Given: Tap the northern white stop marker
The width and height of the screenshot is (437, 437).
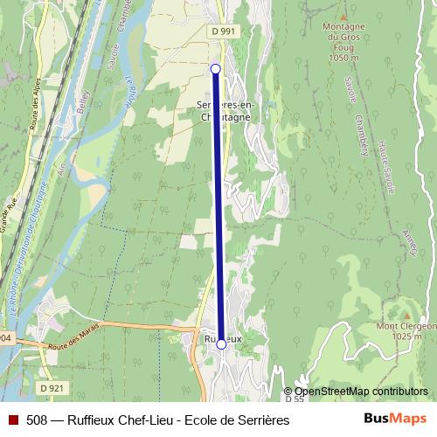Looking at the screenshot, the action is [x=215, y=67].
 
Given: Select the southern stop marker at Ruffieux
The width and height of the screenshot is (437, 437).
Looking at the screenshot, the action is [x=221, y=344].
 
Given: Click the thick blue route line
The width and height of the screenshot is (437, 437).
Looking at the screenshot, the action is [x=218, y=210].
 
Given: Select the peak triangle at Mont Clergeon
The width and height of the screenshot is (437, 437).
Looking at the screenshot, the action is [x=405, y=313].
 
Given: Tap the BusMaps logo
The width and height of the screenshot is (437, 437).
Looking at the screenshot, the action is [x=394, y=419].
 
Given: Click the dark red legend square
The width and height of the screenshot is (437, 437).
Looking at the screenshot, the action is [x=12, y=420].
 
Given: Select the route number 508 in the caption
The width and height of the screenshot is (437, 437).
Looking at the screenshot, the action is [x=38, y=420].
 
